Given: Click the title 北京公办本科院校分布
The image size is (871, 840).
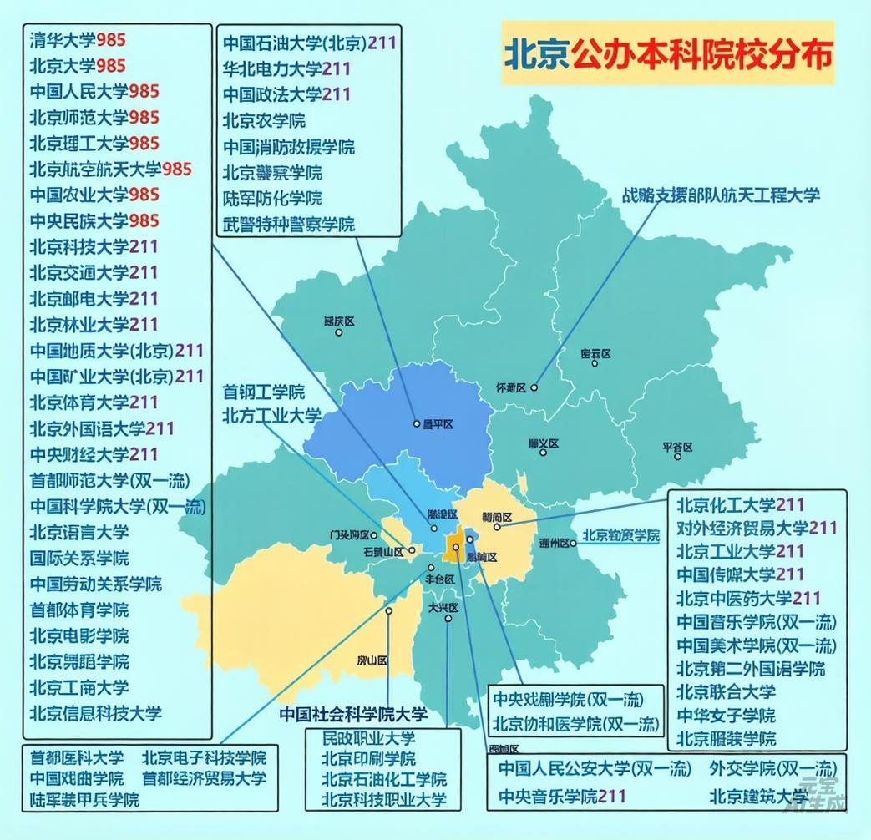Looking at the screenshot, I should click(x=667, y=54).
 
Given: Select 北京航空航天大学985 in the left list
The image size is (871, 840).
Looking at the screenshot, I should click(x=110, y=169).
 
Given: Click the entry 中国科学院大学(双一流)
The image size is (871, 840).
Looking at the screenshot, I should click(x=117, y=506).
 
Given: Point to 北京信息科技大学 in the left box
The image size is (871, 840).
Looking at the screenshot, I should click(x=95, y=713).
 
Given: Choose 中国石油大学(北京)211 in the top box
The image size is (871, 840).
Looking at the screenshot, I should click(x=309, y=43).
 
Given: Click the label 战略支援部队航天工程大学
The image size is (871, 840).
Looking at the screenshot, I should click(x=720, y=195).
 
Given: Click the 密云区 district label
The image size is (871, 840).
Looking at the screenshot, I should click(x=595, y=354).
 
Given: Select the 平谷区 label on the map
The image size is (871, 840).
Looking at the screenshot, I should click(x=677, y=448).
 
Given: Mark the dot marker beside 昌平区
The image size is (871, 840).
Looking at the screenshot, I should click(x=417, y=424).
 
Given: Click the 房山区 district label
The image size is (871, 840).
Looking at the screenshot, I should click(x=372, y=660).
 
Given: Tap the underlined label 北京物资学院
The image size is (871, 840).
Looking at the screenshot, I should click(x=620, y=535).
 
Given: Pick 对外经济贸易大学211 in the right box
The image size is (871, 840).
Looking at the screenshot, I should click(x=756, y=528).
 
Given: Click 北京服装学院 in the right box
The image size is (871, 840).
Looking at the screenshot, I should click(x=726, y=738).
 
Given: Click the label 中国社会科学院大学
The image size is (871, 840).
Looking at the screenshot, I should click(x=353, y=714).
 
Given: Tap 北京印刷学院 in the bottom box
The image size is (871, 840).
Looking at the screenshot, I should click(x=368, y=759).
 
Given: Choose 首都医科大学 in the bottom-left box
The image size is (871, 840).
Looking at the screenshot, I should click(x=77, y=758).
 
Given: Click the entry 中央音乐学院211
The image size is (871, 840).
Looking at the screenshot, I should click(x=562, y=796).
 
